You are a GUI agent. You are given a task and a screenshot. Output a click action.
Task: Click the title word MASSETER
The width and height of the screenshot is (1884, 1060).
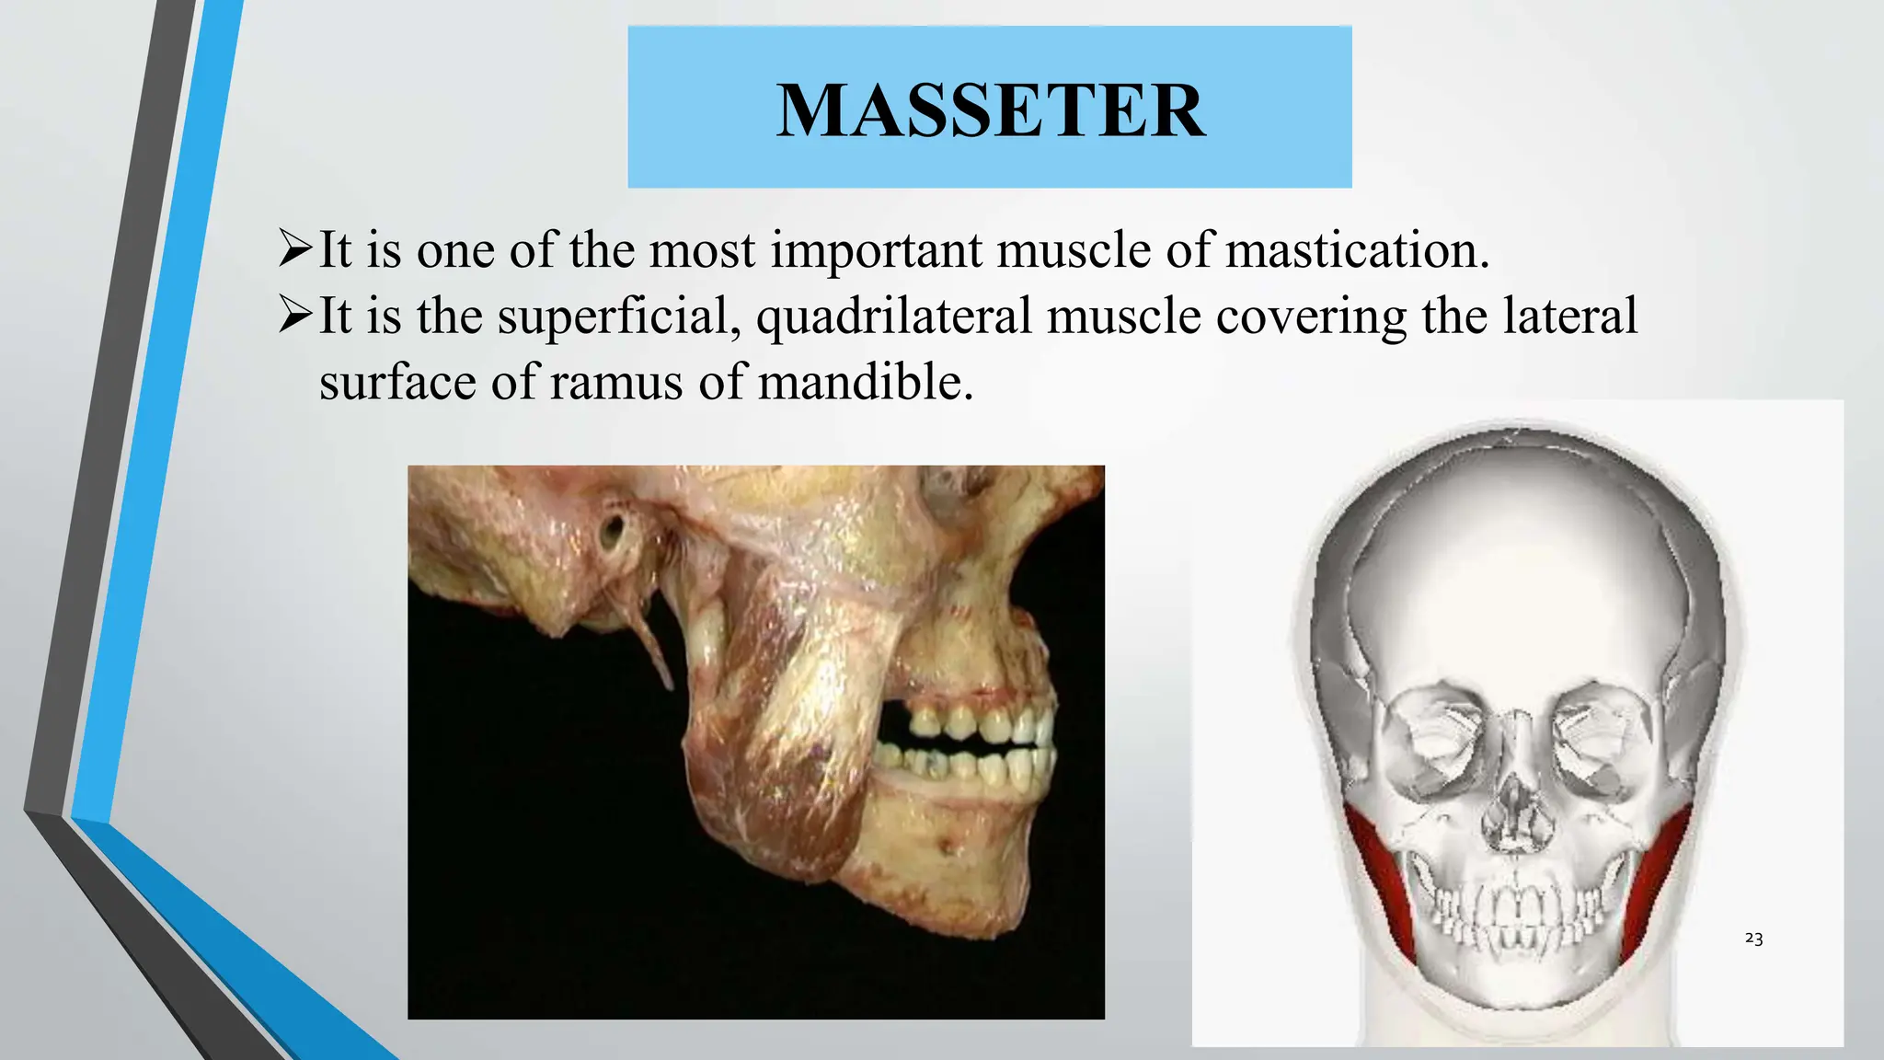tap(990, 110)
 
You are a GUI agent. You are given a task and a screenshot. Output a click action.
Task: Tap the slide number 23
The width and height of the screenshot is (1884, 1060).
tap(1753, 939)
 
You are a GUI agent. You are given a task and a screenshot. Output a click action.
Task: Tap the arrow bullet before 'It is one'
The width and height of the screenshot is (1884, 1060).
tap(295, 249)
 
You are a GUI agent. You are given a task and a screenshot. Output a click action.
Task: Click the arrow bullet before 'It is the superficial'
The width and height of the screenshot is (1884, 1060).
tap(295, 316)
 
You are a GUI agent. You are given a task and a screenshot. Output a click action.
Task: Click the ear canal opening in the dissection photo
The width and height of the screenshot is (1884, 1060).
tap(612, 531)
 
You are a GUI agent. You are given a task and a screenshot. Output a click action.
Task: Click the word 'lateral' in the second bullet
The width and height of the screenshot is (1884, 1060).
tap(1569, 317)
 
